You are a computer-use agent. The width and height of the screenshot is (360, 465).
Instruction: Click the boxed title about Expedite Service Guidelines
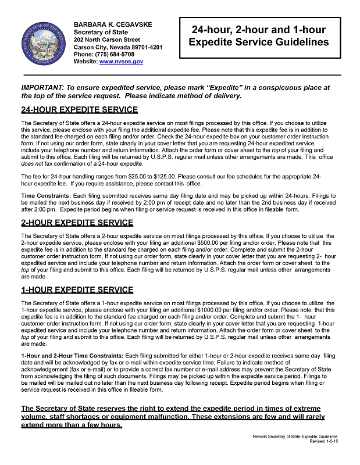point(258,36)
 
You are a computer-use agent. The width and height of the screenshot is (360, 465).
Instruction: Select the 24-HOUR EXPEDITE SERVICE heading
point(79,110)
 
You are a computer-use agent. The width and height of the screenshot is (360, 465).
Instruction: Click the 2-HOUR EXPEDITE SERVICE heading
point(77,223)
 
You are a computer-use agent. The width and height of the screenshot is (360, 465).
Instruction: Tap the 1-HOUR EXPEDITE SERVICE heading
point(77,289)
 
